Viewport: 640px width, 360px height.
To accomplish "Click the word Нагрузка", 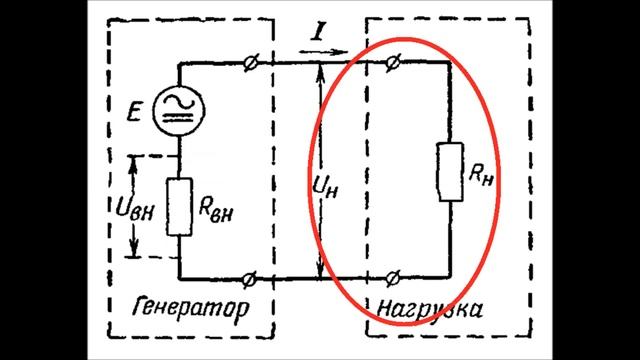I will click(x=428, y=307).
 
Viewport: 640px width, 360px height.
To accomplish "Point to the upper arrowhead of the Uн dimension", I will click(x=319, y=70).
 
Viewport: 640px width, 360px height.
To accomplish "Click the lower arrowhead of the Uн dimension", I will click(x=319, y=270).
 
